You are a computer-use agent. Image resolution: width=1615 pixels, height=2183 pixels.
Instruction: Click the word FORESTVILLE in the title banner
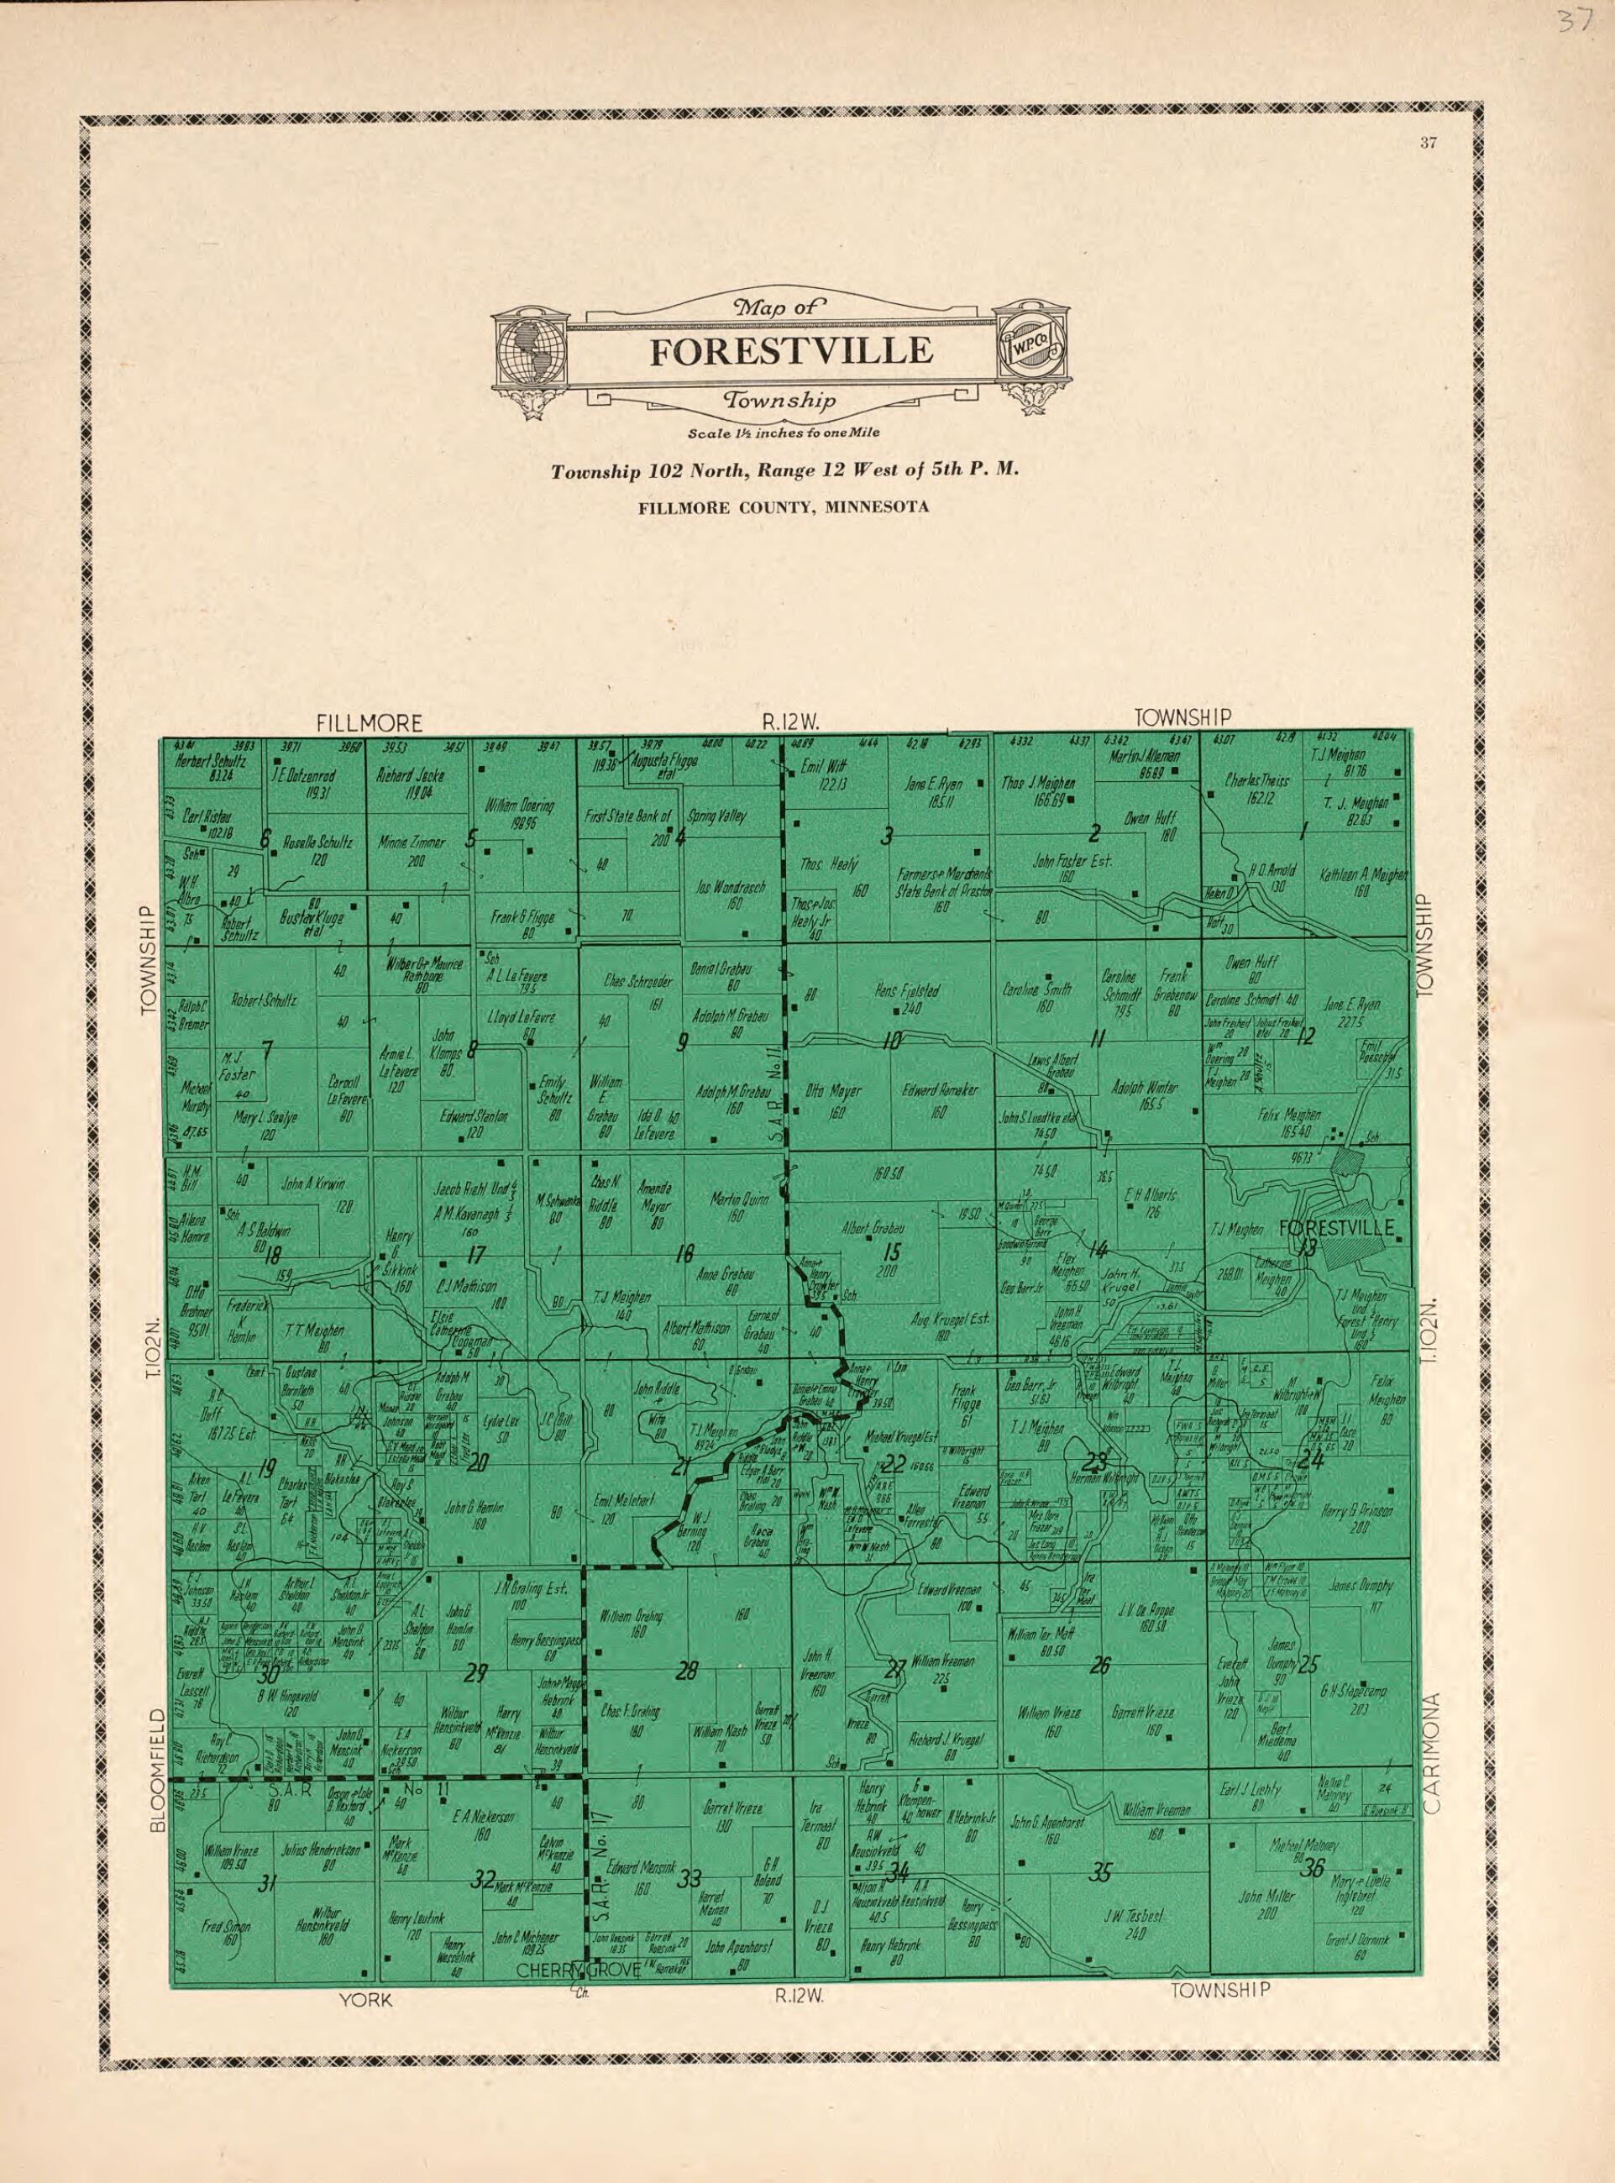(x=791, y=351)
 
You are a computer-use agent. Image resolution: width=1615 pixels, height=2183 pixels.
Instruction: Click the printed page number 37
(x=1429, y=144)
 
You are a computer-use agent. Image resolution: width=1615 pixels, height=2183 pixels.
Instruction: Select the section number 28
(x=687, y=1671)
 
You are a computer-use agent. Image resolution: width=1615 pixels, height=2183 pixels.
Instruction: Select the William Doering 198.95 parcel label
(x=519, y=813)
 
